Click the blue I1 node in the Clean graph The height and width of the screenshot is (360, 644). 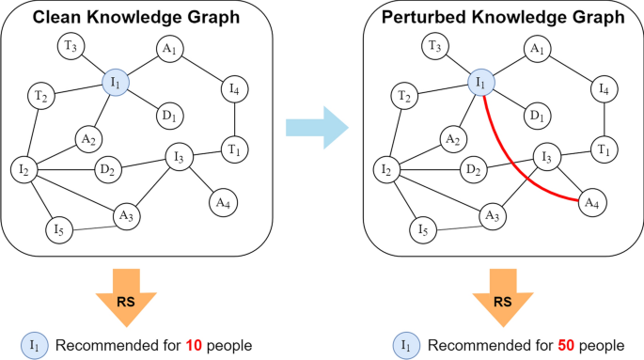tap(116, 85)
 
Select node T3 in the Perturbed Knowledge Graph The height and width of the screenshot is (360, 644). tap(432, 45)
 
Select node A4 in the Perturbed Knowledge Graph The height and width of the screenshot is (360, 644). tap(589, 201)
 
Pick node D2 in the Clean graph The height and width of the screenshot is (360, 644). tap(106, 170)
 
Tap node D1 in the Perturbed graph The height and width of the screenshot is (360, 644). tap(535, 115)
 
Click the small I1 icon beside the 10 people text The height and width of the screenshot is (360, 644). tap(35, 345)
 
